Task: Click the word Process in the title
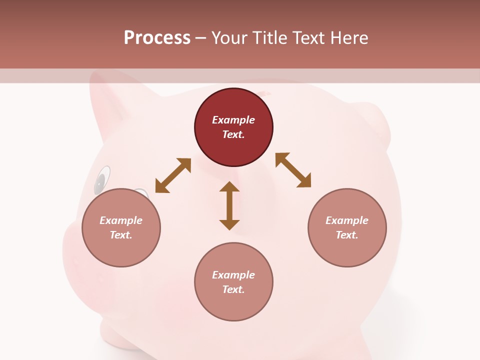(x=157, y=38)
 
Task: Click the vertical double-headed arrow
(x=229, y=205)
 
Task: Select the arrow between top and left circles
(x=173, y=175)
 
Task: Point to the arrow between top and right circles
(x=293, y=170)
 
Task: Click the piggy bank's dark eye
(x=101, y=180)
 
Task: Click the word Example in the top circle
(x=233, y=120)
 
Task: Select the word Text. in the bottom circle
(x=233, y=289)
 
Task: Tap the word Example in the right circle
(x=347, y=220)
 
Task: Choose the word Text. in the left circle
(x=121, y=235)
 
